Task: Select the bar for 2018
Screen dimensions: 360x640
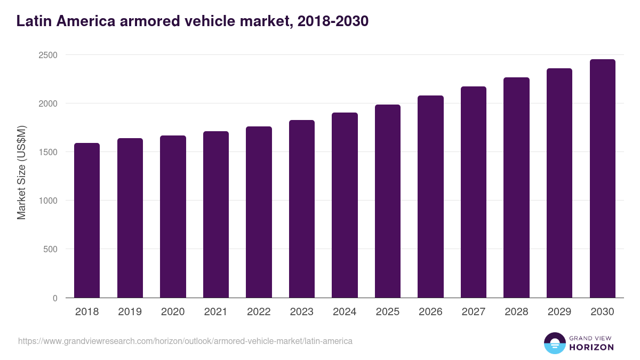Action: coord(87,220)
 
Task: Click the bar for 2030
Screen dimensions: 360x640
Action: coord(602,179)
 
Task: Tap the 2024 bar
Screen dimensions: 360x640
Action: coord(345,205)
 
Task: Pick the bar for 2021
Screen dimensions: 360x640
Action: coord(216,214)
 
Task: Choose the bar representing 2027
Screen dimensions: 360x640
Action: coord(474,192)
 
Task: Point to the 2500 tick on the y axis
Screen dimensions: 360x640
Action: coord(47,55)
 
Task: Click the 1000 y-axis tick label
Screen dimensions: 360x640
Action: coord(47,201)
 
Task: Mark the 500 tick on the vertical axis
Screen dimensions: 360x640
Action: coord(50,249)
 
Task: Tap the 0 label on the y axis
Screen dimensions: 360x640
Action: coord(55,298)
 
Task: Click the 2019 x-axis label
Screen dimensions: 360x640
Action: coord(130,312)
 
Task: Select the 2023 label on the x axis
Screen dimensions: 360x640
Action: coord(302,312)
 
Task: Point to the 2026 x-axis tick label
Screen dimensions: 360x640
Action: coord(430,312)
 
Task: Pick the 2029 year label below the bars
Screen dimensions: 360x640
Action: coord(559,312)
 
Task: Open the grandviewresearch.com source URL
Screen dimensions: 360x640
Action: coord(185,341)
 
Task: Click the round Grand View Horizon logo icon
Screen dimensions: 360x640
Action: coord(555,343)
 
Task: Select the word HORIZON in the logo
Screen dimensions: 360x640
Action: coord(591,347)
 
